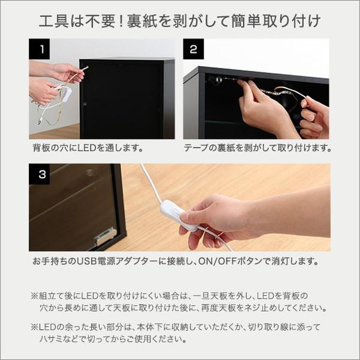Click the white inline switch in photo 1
(65, 94)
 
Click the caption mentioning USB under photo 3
(176, 262)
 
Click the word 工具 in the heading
(52, 22)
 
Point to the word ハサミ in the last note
(52, 339)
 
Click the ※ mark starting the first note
(34, 296)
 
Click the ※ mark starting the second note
(34, 328)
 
